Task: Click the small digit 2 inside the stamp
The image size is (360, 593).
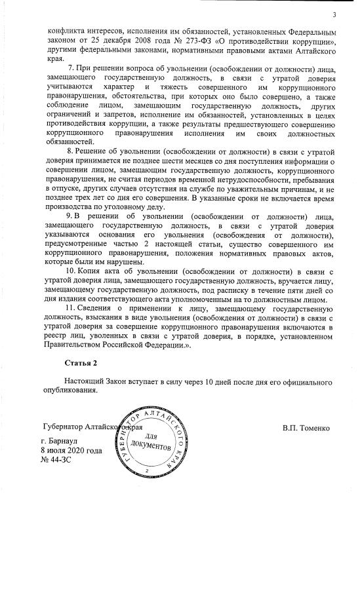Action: [148, 472]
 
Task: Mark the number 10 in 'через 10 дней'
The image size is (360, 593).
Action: [210, 381]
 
